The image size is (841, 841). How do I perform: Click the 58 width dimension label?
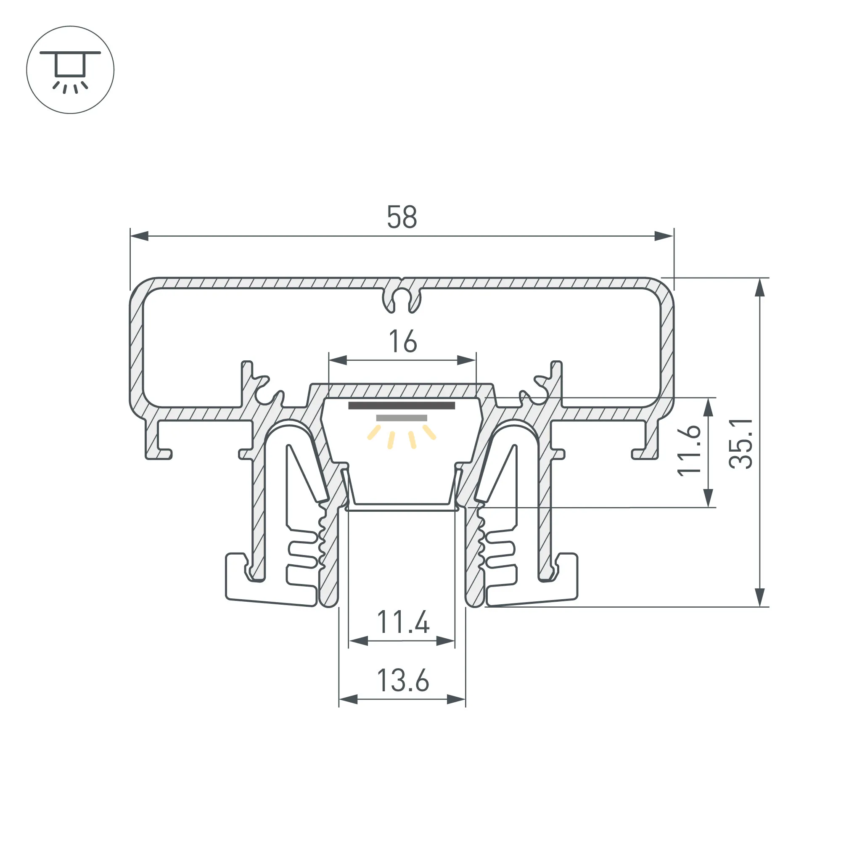coord(402,217)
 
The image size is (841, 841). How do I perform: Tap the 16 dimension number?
coord(403,341)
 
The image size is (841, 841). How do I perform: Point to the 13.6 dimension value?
coord(403,680)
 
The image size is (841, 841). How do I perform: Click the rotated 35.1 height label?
coord(741,444)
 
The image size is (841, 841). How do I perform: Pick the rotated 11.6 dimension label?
coord(689,450)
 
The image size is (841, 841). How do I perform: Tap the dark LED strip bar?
coord(401,406)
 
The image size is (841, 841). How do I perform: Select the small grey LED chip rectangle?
coord(401,418)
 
